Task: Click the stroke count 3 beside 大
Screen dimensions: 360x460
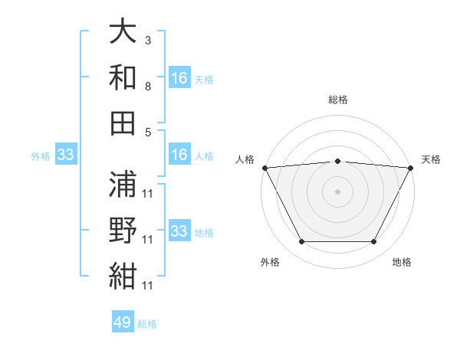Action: pos(148,40)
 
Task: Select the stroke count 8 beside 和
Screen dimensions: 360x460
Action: pos(148,87)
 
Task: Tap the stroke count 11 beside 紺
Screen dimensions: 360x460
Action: pos(148,285)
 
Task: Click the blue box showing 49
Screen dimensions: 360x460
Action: pos(123,322)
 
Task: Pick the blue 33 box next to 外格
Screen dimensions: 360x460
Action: pos(65,155)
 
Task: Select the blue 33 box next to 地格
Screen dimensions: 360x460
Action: pos(179,231)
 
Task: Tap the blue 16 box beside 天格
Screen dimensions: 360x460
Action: pos(179,78)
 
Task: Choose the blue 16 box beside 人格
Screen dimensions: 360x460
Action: pos(179,155)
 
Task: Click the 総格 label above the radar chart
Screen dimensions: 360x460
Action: pos(337,100)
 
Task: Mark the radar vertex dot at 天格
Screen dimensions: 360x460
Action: pos(412,167)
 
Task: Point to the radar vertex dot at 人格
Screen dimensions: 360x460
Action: pos(264,167)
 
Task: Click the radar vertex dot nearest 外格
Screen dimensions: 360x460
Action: pos(301,242)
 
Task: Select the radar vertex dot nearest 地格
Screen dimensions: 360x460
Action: pos(374,242)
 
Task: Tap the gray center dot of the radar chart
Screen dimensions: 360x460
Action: pos(337,191)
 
